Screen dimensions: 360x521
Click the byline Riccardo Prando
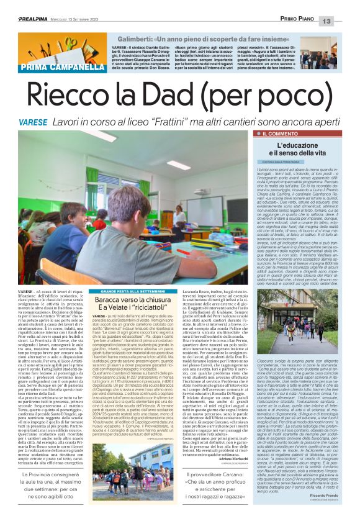point(325,501)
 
